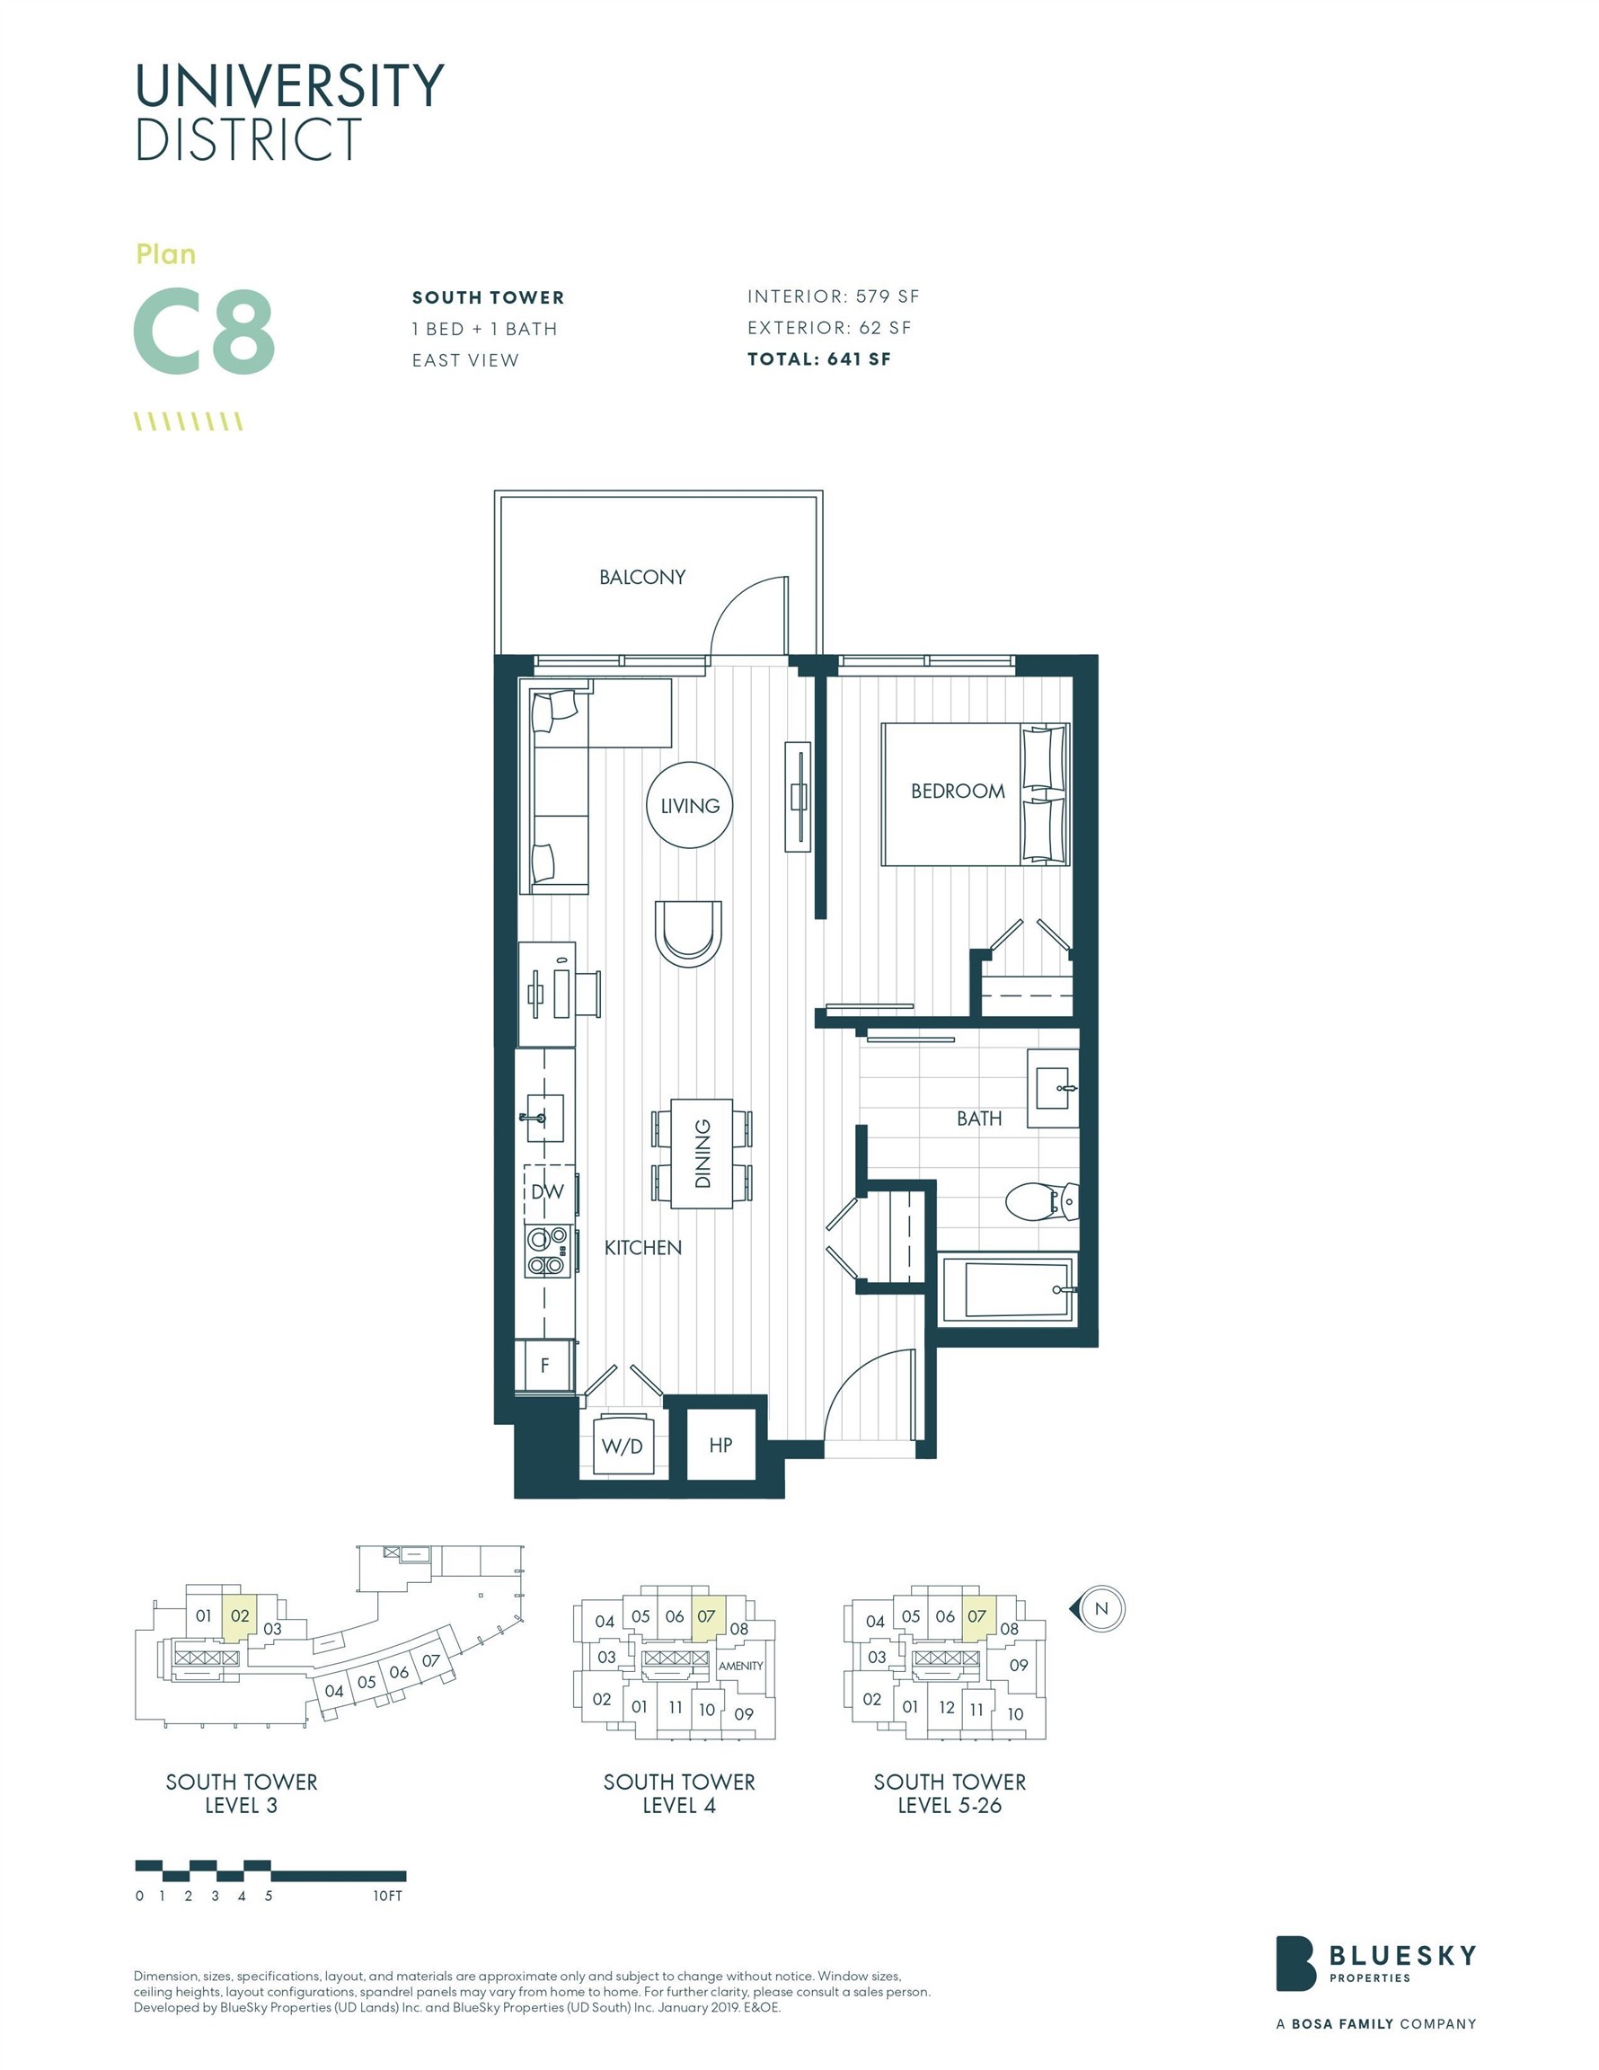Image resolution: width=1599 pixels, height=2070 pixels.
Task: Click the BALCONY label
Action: point(641,576)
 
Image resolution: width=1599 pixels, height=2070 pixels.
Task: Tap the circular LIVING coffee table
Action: point(689,806)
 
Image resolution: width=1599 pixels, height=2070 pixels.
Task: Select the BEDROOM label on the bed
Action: point(958,792)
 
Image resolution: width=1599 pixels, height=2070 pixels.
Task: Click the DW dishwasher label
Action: point(547,1191)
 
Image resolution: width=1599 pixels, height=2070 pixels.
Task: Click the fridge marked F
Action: point(545,1366)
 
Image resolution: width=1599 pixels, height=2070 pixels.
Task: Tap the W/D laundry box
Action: point(623,1446)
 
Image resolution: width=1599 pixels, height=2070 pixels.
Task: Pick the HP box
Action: point(720,1445)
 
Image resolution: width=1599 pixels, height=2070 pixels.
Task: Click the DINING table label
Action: point(702,1154)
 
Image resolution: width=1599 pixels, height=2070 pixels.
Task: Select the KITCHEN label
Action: point(642,1247)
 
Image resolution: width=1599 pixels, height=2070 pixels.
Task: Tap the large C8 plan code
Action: point(204,332)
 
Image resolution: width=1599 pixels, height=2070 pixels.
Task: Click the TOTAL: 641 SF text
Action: point(819,359)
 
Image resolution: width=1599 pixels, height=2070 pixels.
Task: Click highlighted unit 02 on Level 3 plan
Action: point(240,1616)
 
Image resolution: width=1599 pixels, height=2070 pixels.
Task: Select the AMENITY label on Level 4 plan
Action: point(740,1666)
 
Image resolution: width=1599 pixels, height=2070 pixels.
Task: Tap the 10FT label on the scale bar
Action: point(388,1896)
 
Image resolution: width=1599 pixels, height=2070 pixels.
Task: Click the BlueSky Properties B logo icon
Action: point(1294,1963)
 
